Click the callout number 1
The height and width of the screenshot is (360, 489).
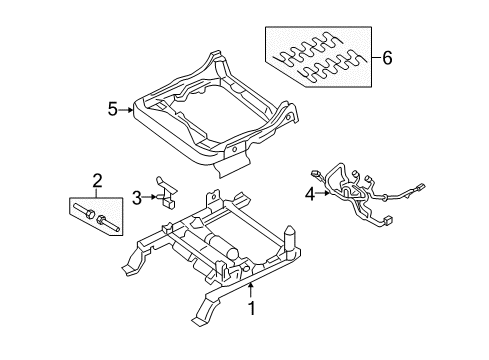[x=252, y=308]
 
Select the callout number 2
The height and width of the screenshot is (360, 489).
[x=97, y=181]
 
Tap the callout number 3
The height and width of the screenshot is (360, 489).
[x=137, y=198]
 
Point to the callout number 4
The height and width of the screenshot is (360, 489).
[x=310, y=194]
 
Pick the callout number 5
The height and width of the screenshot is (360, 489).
[x=113, y=109]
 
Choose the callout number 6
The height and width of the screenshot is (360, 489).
[x=387, y=58]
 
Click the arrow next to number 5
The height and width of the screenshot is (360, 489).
[x=126, y=109]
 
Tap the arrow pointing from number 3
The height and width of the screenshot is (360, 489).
[x=149, y=198]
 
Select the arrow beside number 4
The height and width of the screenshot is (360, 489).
[x=323, y=193]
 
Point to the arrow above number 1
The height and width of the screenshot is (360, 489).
[x=251, y=291]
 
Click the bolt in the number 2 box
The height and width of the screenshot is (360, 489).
[x=83, y=211]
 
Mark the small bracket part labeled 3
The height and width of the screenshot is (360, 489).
[x=167, y=193]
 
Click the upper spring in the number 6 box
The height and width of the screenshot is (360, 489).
[x=308, y=49]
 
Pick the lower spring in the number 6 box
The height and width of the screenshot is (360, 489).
[x=333, y=65]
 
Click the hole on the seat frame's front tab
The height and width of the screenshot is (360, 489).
[x=234, y=149]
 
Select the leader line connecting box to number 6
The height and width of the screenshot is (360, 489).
[x=376, y=57]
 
